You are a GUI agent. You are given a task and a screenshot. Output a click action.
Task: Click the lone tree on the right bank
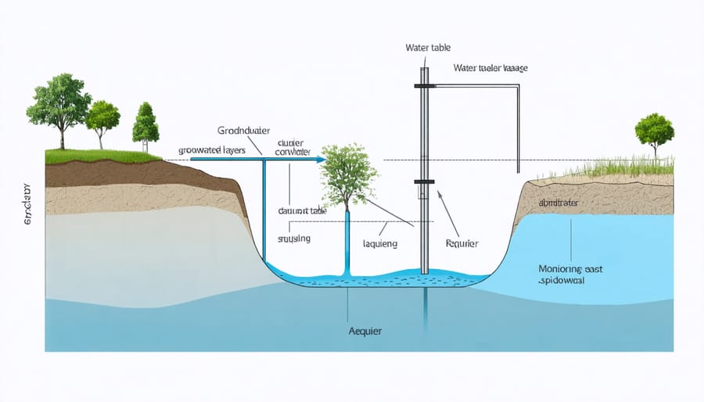click(653, 131)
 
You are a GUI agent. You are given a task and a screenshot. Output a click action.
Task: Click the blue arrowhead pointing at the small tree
click(320, 159)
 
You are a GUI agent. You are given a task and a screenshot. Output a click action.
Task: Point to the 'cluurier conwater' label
click(293, 147)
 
